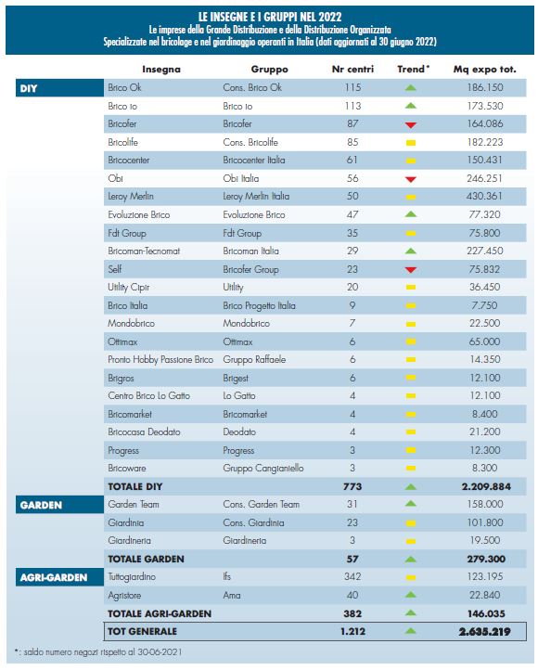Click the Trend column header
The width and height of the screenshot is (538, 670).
(x=413, y=70)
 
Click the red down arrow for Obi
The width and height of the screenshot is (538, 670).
(x=411, y=179)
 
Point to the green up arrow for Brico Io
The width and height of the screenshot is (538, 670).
(x=411, y=106)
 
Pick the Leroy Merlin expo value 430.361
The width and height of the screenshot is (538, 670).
(x=484, y=196)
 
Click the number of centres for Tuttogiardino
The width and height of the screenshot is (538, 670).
(x=352, y=577)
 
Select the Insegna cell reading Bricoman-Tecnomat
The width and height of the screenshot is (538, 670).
(x=144, y=251)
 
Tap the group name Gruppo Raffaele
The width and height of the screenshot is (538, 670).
(x=254, y=360)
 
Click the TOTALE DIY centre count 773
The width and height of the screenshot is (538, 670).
(x=352, y=486)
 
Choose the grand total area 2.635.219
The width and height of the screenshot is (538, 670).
(x=485, y=632)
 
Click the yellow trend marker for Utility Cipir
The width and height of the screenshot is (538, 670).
(x=411, y=287)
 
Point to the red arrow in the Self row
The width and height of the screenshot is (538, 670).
(x=411, y=270)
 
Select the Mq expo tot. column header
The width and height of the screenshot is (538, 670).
(x=484, y=70)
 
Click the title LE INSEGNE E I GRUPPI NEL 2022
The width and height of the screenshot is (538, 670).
(x=270, y=17)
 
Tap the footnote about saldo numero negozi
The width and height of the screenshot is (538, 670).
(x=98, y=652)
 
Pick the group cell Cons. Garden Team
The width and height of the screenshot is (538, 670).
(x=261, y=505)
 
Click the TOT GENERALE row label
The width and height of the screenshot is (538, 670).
(x=142, y=632)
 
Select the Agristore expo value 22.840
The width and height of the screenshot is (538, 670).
(x=484, y=595)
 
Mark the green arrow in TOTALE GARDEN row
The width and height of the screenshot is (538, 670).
(x=411, y=559)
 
